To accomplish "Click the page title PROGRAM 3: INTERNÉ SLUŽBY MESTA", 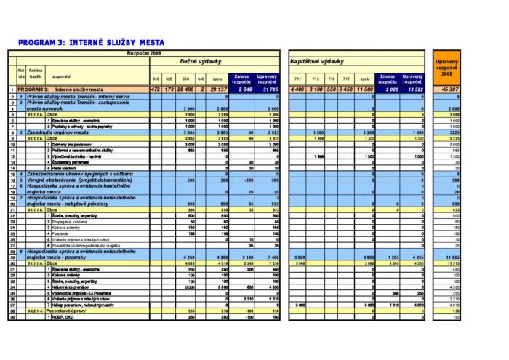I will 91,43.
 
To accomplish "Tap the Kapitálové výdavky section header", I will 317,61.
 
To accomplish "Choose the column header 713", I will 316,79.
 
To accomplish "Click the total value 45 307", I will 449,89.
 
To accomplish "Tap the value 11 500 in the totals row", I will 366,89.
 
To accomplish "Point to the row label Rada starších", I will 65,169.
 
